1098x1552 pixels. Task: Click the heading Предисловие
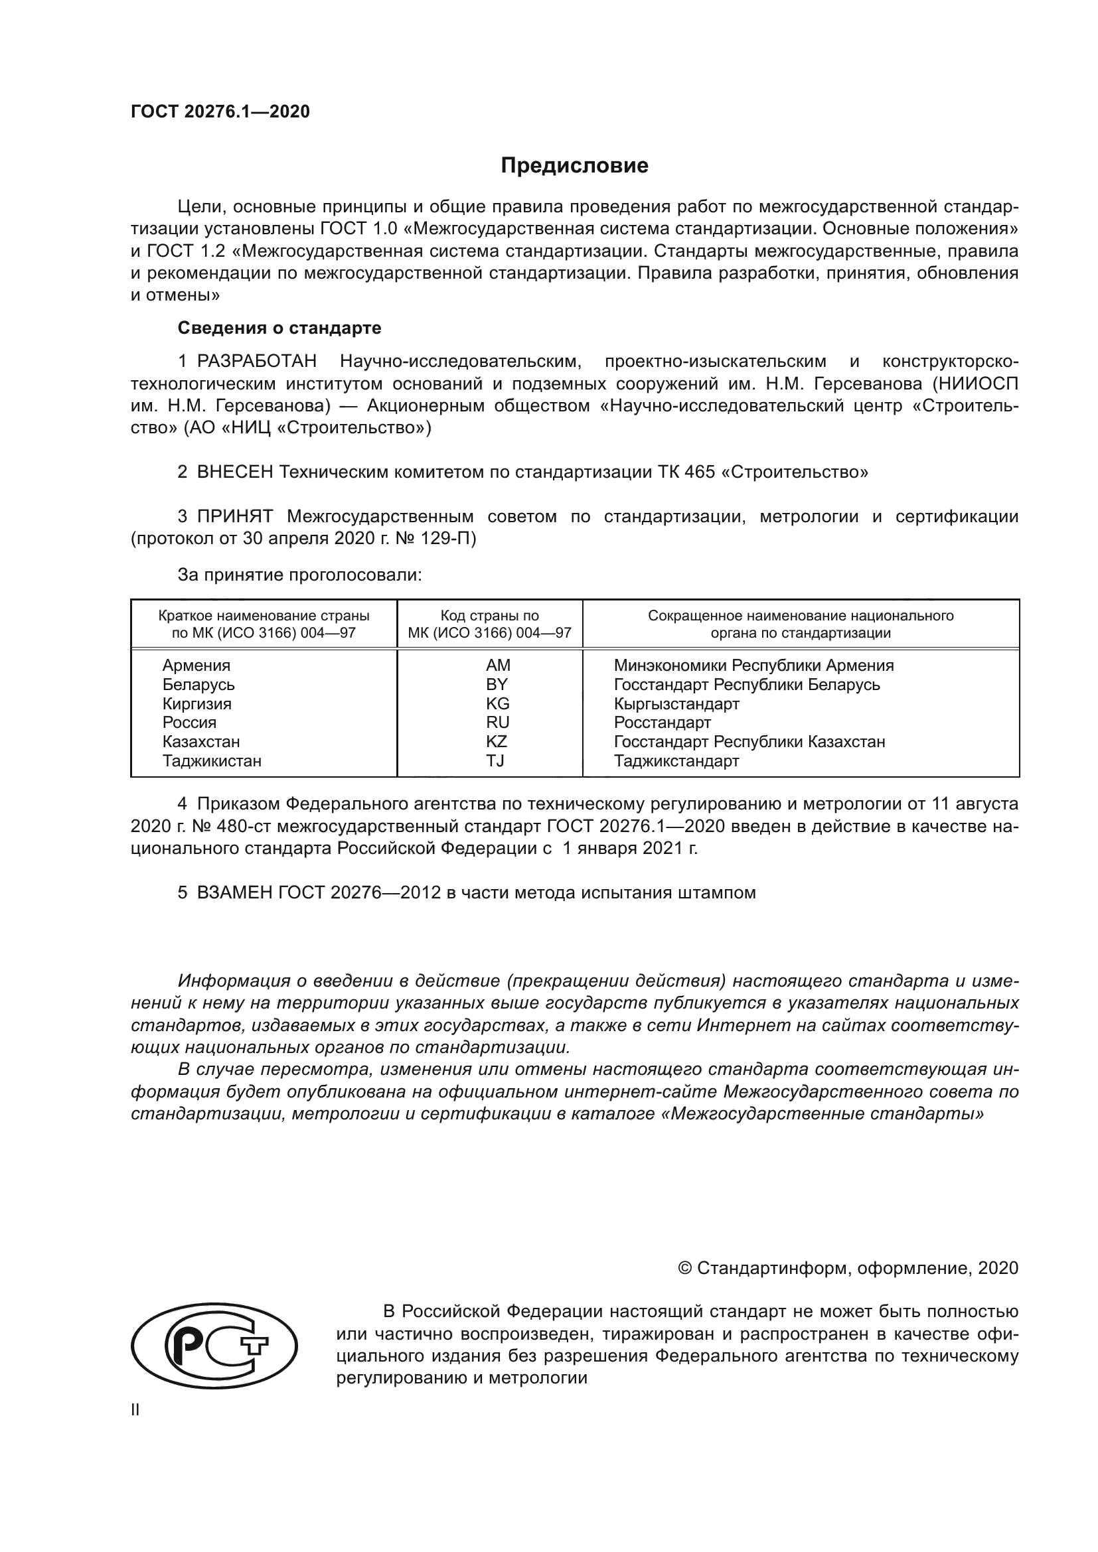pyautogui.click(x=574, y=167)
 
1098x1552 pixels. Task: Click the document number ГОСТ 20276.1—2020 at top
pyautogui.click(x=220, y=112)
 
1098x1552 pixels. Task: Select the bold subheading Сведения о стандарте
pyautogui.click(x=279, y=328)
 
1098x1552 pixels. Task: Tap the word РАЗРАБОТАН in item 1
pyautogui.click(x=256, y=362)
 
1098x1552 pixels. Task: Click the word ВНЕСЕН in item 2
pyautogui.click(x=234, y=472)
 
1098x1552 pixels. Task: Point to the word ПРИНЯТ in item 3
pyautogui.click(x=234, y=517)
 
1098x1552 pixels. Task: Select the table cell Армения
pyautogui.click(x=196, y=666)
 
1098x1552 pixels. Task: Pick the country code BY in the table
pyautogui.click(x=497, y=685)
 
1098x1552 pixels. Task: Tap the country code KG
pyautogui.click(x=498, y=703)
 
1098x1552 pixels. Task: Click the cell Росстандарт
pyautogui.click(x=662, y=723)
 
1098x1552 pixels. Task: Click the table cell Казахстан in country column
pyautogui.click(x=200, y=742)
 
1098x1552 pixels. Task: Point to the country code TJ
pyautogui.click(x=495, y=761)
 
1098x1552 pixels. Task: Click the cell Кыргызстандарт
pyautogui.click(x=676, y=703)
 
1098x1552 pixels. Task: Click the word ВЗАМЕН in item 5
pyautogui.click(x=234, y=893)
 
